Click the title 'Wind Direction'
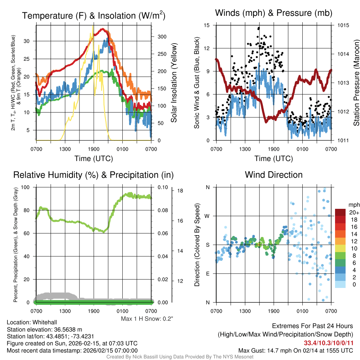(274, 175)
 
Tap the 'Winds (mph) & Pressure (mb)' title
(274, 13)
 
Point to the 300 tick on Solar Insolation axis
(162, 37)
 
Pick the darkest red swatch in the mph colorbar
(340, 212)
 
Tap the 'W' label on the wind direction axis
(207, 216)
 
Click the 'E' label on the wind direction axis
(208, 274)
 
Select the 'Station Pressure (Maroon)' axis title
(356, 83)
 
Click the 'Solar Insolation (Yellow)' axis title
(174, 83)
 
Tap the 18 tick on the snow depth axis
(180, 191)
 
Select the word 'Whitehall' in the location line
(44, 322)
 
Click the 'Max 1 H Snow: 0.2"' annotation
(147, 319)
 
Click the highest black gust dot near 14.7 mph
(259, 28)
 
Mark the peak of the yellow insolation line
(93, 26)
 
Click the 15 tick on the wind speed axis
(207, 25)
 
